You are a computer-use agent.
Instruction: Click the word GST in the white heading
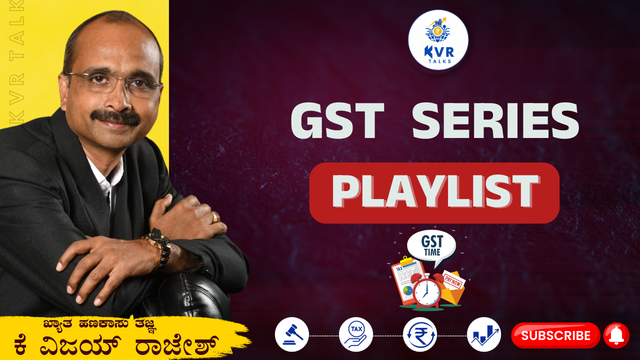337,120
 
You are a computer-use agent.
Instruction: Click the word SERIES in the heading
495,120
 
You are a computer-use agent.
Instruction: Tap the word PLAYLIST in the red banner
435,191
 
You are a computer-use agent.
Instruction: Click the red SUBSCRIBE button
555,335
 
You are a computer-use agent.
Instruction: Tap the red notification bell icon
616,335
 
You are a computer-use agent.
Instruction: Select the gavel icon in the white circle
291,334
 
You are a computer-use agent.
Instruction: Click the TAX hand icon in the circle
355,334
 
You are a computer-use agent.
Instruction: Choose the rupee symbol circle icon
419,334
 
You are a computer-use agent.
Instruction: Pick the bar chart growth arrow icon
484,334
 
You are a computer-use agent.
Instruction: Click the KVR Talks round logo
438,40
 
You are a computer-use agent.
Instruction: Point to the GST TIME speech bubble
431,247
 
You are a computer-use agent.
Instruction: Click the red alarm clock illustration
427,291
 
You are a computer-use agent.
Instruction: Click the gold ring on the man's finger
215,217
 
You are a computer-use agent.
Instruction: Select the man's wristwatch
159,249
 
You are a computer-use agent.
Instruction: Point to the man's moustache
115,116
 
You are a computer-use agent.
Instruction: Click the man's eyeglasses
114,83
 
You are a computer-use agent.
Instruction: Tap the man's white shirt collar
106,177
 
